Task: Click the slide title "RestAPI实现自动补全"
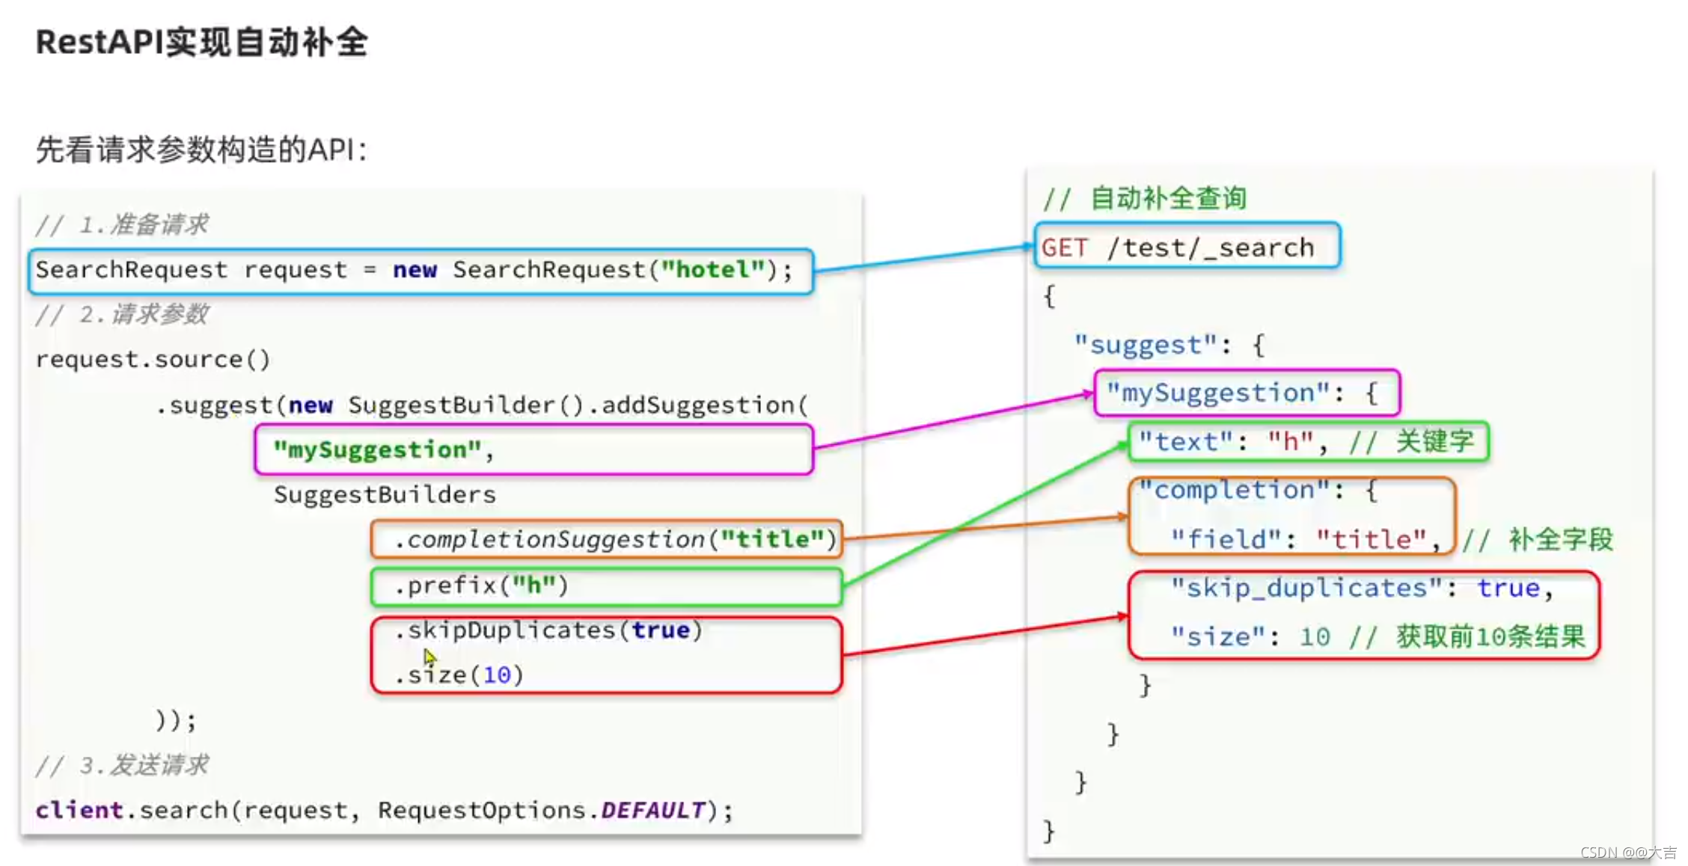tap(202, 42)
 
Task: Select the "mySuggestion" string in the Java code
tap(377, 449)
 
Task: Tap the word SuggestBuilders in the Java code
tap(385, 494)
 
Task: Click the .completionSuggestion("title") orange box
tap(607, 539)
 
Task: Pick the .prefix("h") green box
tap(607, 586)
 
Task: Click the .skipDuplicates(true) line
tap(548, 630)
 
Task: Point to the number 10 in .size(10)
tap(497, 675)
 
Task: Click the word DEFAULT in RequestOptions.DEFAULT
tap(653, 810)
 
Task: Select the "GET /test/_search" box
tap(1187, 245)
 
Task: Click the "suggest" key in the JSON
tap(1145, 345)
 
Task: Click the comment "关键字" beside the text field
tap(1434, 441)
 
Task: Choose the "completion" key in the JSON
tap(1234, 490)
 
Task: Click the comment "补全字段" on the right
tap(1561, 539)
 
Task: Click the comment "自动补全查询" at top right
tap(1169, 198)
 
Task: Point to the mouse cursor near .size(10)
tap(429, 657)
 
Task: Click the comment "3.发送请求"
tap(144, 765)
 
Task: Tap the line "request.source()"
tap(153, 359)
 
